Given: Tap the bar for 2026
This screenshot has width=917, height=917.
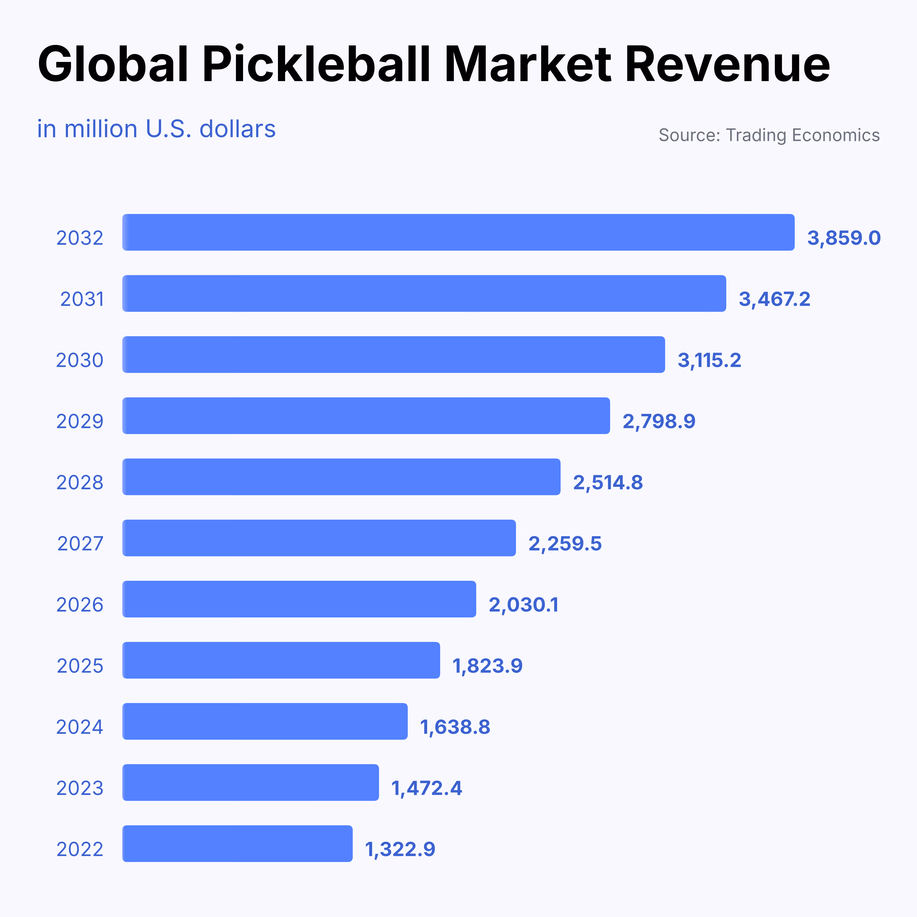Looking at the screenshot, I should pyautogui.click(x=299, y=599).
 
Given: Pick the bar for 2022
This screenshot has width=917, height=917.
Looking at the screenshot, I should pyautogui.click(x=237, y=843).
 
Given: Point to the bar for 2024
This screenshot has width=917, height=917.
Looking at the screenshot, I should pyautogui.click(x=265, y=721).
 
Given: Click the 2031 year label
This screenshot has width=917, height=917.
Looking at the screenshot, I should pyautogui.click(x=82, y=299).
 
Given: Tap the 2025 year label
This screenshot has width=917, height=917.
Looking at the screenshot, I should pyautogui.click(x=80, y=666).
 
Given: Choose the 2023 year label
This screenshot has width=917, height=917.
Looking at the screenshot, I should pyautogui.click(x=80, y=788).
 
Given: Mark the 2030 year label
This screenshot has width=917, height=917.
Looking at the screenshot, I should pyautogui.click(x=80, y=360).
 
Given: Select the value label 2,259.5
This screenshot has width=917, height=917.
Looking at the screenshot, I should pyautogui.click(x=565, y=543).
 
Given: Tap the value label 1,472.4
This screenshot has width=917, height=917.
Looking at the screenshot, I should pyautogui.click(x=426, y=788).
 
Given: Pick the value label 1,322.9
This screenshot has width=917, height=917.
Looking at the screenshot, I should pyautogui.click(x=400, y=849).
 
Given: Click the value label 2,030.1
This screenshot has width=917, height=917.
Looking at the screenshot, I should pyautogui.click(x=524, y=605).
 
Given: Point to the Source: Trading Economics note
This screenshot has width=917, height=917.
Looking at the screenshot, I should pyautogui.click(x=769, y=135).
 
